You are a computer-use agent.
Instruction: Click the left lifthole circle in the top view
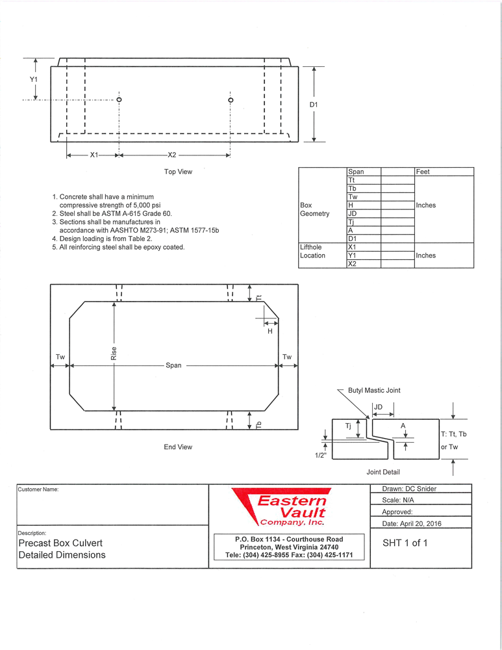[x=119, y=99]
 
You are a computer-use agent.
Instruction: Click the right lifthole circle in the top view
[x=231, y=99]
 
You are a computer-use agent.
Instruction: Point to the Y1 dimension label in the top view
[x=34, y=79]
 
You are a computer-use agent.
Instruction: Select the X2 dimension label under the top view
[x=172, y=155]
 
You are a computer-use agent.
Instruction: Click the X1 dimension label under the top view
[x=94, y=155]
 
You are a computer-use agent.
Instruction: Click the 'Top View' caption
[x=178, y=172]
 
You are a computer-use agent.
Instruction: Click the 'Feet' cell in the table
[x=424, y=172]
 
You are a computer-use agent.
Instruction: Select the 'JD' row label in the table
[x=353, y=213]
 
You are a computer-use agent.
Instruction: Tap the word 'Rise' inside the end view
[x=114, y=354]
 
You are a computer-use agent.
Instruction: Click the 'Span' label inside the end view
[x=173, y=366]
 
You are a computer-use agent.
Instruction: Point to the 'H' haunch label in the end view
[x=270, y=331]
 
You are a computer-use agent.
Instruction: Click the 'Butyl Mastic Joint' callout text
[x=374, y=391]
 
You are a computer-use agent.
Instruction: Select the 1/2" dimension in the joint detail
[x=320, y=455]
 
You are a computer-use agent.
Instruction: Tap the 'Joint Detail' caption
[x=383, y=472]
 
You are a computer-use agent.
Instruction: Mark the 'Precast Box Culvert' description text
[x=60, y=543]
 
